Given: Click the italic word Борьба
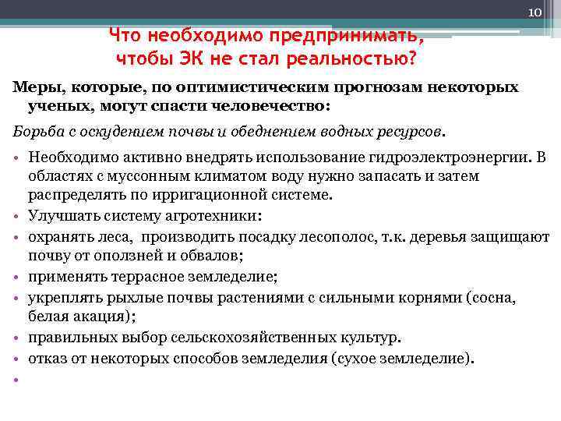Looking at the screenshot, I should (36, 129).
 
